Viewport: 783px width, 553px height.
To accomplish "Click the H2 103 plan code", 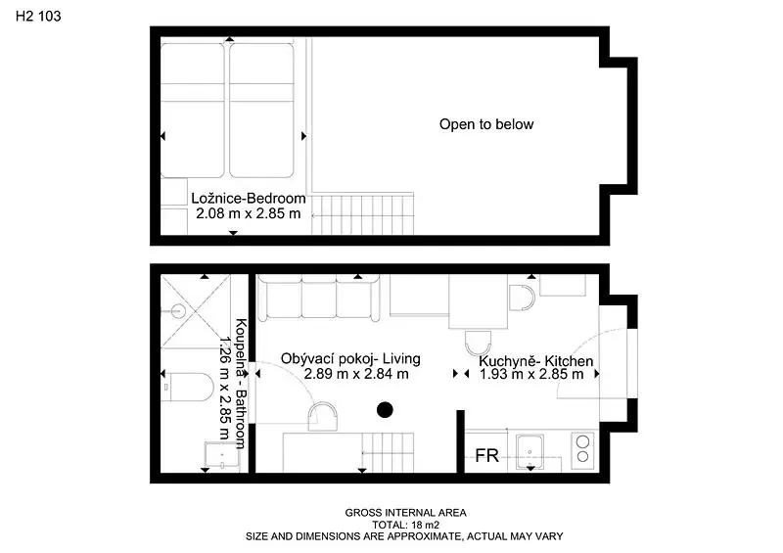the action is click(38, 16).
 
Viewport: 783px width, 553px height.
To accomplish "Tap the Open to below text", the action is click(486, 124).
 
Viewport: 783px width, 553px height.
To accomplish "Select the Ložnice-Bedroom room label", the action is click(249, 199).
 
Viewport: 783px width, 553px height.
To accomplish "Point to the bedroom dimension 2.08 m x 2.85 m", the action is click(249, 213).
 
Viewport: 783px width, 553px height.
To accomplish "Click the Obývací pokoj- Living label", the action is click(350, 358).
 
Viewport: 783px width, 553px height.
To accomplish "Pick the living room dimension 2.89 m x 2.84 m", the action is click(356, 374).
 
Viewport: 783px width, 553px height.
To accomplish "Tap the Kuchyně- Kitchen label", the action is click(535, 361).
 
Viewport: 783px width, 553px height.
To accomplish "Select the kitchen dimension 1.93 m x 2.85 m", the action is click(531, 374).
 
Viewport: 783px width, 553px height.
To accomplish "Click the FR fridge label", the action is click(486, 455).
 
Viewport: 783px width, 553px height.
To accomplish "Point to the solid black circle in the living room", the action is click(385, 410).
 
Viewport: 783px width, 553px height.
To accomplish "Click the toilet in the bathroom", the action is click(188, 387).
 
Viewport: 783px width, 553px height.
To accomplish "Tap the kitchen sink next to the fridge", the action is click(530, 451).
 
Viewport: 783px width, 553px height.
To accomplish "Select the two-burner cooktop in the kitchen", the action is click(582, 449).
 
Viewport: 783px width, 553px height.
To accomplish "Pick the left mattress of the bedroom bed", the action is click(192, 111).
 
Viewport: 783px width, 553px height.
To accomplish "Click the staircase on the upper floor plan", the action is click(363, 213).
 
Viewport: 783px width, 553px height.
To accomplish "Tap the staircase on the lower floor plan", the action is click(388, 452).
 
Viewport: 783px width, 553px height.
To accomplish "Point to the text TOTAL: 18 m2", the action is click(405, 525).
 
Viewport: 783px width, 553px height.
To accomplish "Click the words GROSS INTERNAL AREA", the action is click(405, 513).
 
